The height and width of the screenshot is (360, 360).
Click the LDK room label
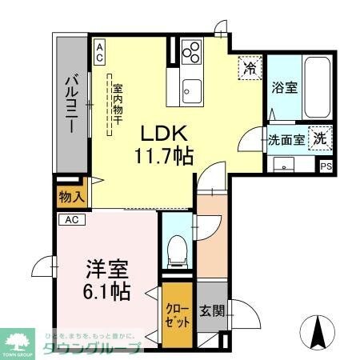166,132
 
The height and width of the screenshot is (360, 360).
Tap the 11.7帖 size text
166,154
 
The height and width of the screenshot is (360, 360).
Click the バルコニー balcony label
70,104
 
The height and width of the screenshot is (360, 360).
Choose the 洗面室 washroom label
285,139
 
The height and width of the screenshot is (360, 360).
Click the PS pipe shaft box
326,167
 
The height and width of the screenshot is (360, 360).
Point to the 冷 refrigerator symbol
250,69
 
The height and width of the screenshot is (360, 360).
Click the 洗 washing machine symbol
319,138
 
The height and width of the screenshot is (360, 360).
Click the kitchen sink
193,89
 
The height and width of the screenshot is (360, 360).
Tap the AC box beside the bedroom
70,219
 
